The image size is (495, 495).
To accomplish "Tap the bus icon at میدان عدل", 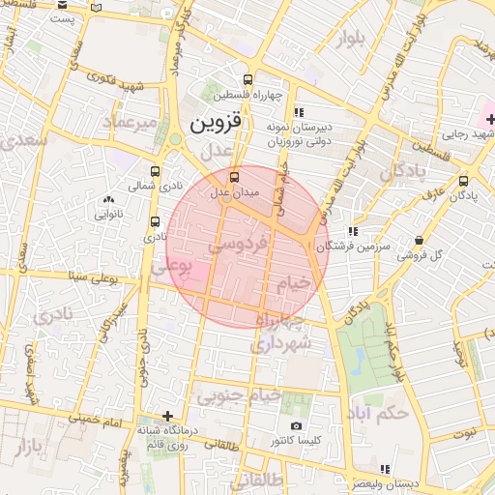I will tap(234, 177).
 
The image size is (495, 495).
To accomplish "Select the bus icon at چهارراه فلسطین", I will tap(249, 80).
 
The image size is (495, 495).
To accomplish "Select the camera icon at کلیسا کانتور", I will tap(296, 425).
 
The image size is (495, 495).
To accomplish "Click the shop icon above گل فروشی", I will tap(418, 241).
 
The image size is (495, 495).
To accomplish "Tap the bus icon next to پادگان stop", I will tap(463, 180).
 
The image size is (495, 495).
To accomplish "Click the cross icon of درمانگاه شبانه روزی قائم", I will tap(167, 416).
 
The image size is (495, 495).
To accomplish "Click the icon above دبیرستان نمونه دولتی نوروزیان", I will tap(298, 111).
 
